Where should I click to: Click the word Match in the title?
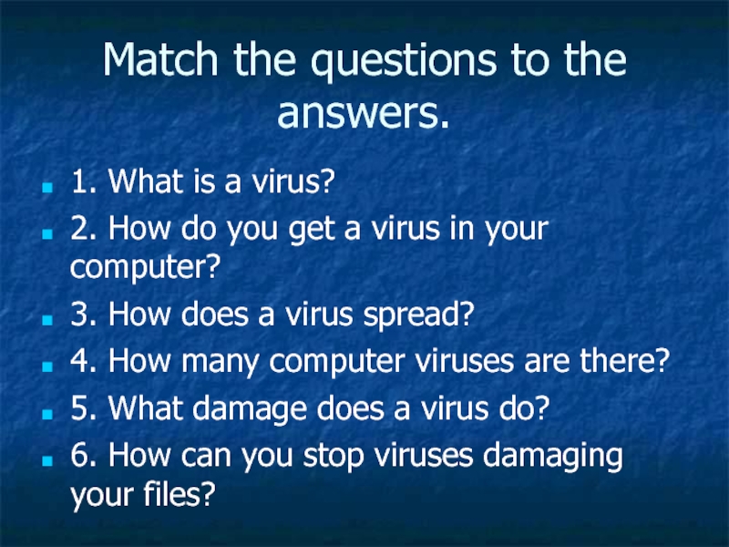[160, 59]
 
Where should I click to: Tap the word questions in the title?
[404, 63]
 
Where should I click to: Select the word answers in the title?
[358, 113]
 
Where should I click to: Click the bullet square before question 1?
[47, 187]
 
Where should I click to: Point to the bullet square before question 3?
[47, 320]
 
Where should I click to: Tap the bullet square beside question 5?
[47, 414]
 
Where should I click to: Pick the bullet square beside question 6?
[47, 460]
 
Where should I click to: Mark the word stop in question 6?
[334, 458]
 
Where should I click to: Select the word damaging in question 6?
[553, 458]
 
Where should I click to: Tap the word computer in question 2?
[139, 269]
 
